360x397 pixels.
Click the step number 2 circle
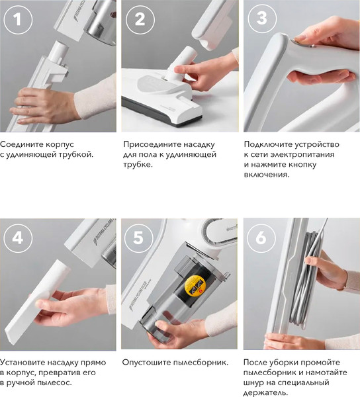coord(139,19)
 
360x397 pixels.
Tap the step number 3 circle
coord(261,19)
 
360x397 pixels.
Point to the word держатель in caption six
coord(266,394)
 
